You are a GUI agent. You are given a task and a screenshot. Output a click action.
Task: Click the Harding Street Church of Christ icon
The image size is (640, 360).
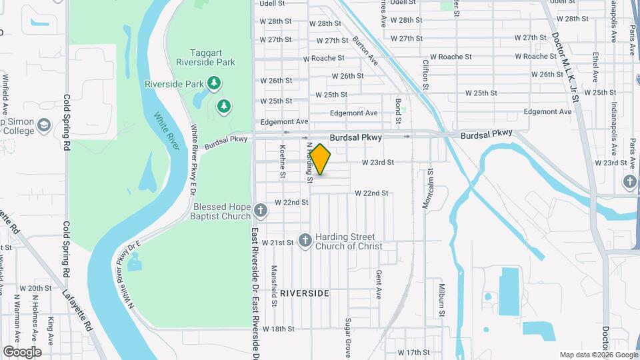click(305, 241)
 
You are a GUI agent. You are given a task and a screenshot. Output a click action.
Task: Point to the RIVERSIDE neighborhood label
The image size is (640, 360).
click(304, 293)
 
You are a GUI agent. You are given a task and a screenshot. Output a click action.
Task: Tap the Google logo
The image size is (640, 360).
click(22, 352)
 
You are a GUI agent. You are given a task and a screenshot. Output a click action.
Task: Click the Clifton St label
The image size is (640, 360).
click(426, 74)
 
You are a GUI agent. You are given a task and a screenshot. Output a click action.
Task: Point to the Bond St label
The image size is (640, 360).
click(398, 112)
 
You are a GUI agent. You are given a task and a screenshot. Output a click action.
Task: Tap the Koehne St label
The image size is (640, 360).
click(283, 163)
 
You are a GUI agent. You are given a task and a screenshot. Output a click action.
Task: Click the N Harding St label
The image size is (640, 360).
click(309, 163)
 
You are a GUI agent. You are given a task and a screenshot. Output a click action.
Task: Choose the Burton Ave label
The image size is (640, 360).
click(365, 50)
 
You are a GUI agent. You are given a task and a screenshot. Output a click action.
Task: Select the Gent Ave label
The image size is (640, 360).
click(378, 284)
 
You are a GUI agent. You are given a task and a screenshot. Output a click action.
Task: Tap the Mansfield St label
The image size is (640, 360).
click(274, 285)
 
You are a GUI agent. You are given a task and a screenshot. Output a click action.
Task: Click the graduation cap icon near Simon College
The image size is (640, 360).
click(44, 125)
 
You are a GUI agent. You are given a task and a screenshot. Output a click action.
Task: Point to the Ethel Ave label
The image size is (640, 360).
click(595, 69)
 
